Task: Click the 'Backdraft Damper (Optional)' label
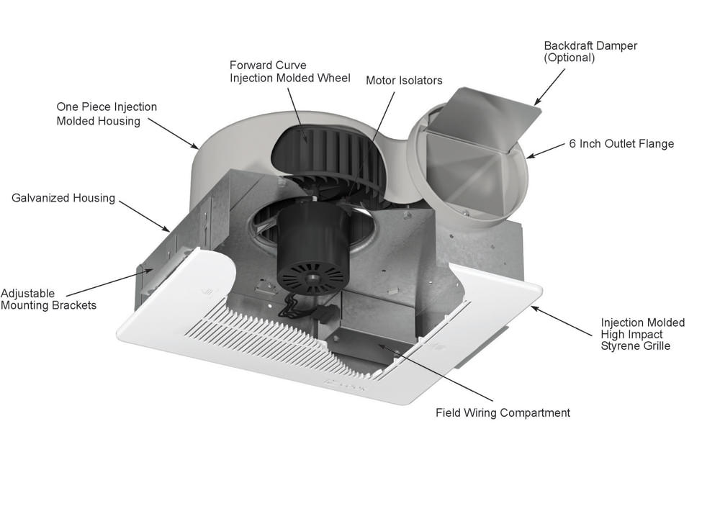(590, 51)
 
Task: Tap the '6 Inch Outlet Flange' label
(621, 144)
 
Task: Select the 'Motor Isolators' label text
(404, 81)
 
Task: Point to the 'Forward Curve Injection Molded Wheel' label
(289, 71)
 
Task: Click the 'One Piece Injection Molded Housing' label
(107, 114)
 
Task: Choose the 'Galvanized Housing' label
(63, 198)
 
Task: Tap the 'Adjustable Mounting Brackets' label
(48, 299)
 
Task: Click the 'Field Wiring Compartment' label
(503, 413)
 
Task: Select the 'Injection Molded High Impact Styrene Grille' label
(643, 334)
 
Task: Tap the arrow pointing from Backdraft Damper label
(551, 86)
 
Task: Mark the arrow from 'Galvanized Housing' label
(144, 216)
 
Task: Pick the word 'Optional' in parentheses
(570, 58)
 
